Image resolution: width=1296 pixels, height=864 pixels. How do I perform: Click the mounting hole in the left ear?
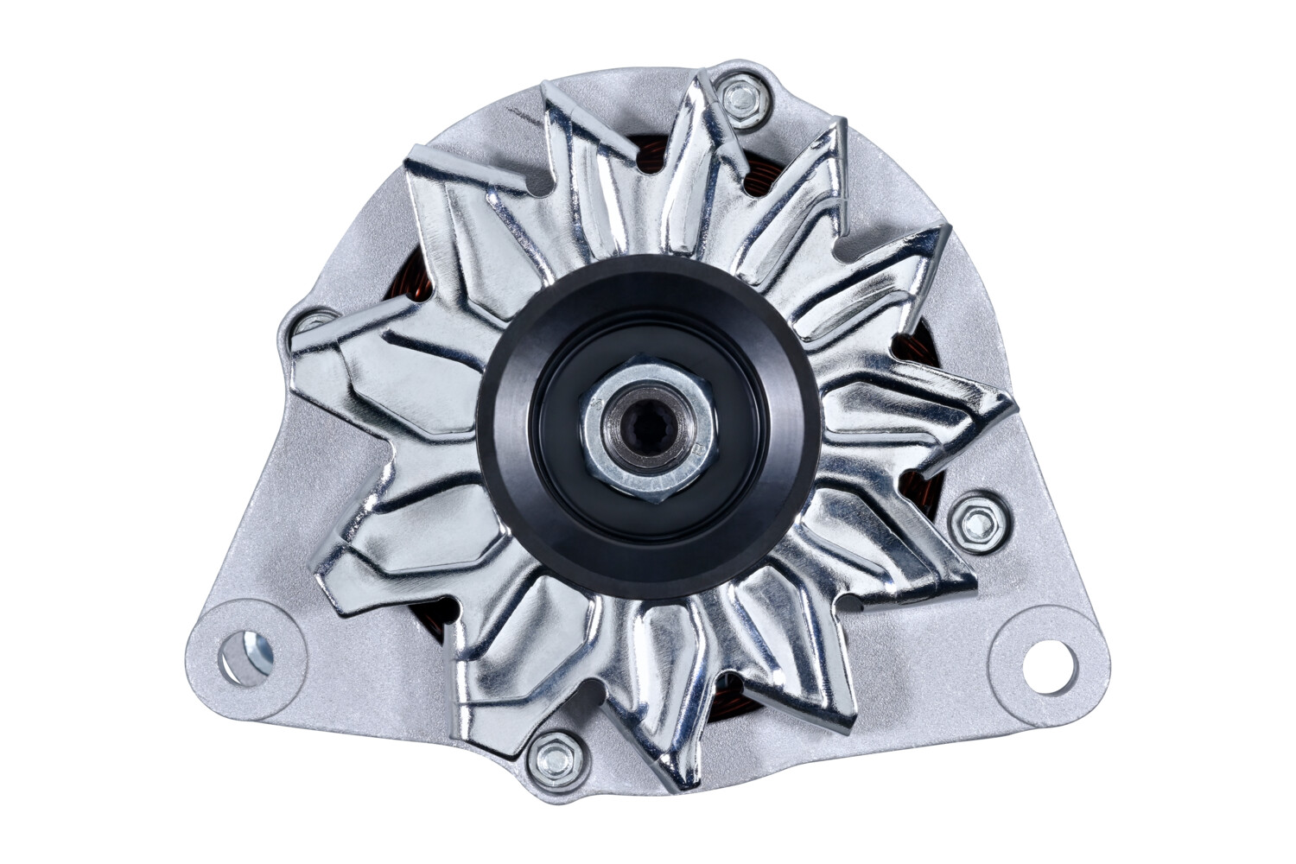245,657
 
